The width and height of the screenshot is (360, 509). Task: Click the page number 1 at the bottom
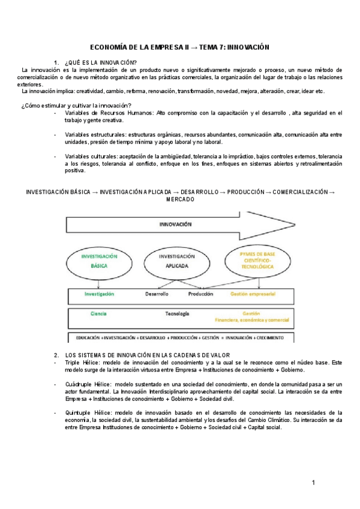tap(313, 483)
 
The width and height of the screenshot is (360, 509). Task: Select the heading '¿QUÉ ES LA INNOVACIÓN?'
tap(100, 63)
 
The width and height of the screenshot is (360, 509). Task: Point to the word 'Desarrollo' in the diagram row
tap(157, 295)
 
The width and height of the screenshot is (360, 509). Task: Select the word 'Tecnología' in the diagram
tap(177, 314)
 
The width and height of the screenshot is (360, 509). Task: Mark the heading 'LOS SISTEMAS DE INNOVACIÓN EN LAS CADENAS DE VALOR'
tap(148, 355)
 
